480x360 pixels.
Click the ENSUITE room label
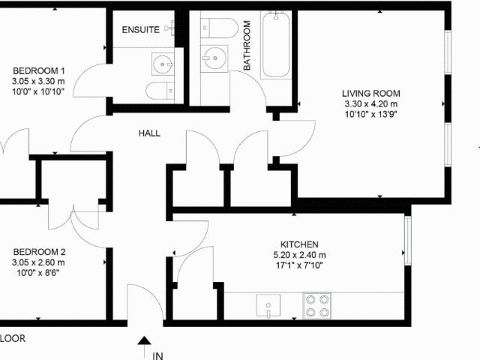coord(140,30)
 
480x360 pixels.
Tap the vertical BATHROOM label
coord(247,45)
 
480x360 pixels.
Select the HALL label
coord(149,133)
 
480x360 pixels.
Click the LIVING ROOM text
coord(371,93)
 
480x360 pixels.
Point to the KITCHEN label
coord(299,244)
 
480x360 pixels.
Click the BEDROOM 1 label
coord(39,71)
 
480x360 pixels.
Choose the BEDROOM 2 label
coord(40,252)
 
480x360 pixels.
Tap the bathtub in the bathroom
coord(275,45)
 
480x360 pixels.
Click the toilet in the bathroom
coord(219,28)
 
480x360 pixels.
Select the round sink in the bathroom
coord(214,58)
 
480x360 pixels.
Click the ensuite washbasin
coord(163,64)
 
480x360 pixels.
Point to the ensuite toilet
coord(160,91)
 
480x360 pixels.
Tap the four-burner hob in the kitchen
coord(316,306)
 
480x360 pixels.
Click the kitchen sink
coord(268,305)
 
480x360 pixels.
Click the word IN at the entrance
coord(157,356)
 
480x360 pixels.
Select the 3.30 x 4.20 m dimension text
coord(371,104)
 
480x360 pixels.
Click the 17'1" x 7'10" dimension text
coord(299,265)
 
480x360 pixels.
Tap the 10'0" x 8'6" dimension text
coord(38,273)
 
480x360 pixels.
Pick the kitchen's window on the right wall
coord(408,241)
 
